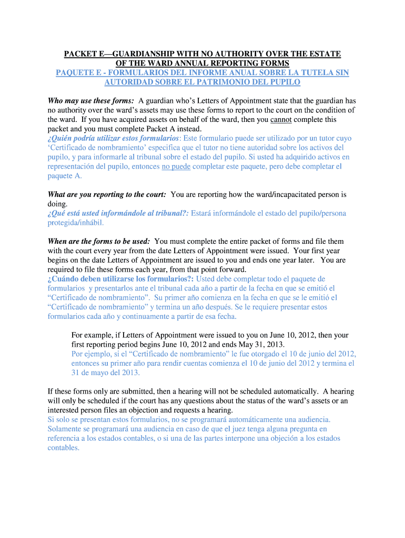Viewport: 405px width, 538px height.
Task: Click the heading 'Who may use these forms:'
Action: pyautogui.click(x=91, y=101)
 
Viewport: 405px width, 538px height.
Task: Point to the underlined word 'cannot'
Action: pyautogui.click(x=281, y=120)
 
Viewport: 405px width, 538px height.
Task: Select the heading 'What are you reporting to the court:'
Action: pyautogui.click(x=107, y=194)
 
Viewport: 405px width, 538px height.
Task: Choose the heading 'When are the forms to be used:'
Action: pyautogui.click(x=99, y=241)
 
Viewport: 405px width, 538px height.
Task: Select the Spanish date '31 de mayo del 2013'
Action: pyautogui.click(x=105, y=373)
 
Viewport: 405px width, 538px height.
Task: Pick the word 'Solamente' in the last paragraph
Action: pyautogui.click(x=65, y=429)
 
